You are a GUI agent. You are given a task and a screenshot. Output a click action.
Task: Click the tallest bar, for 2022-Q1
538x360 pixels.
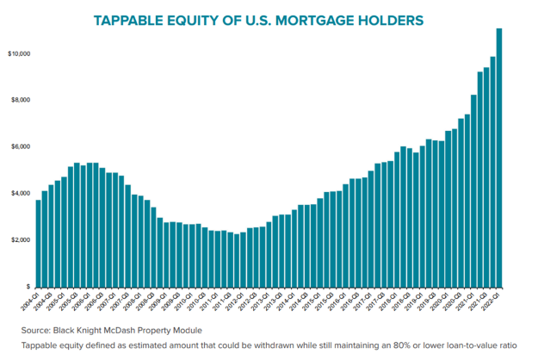pos(499,155)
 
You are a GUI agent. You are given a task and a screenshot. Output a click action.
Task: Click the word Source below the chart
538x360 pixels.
pos(35,330)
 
